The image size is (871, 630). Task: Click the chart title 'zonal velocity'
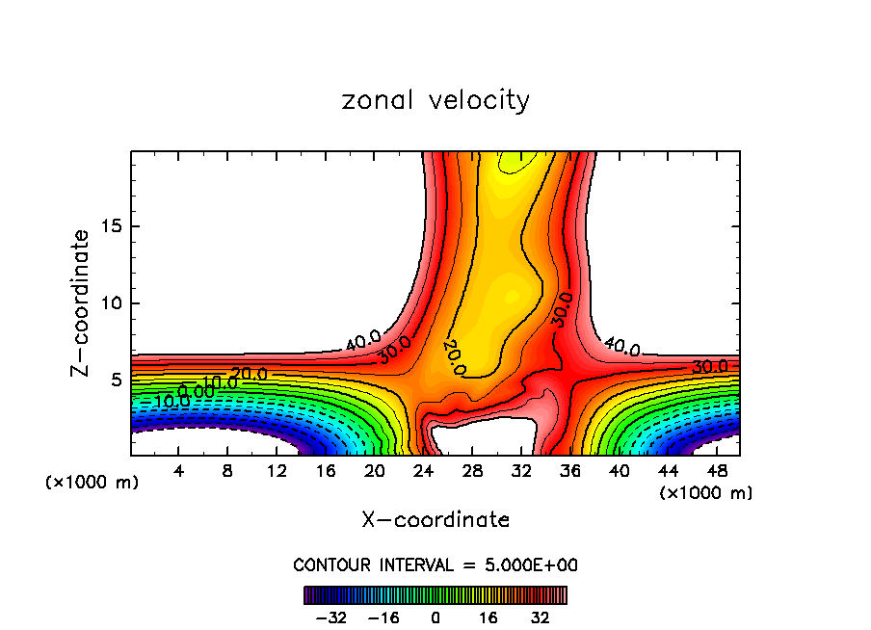click(435, 100)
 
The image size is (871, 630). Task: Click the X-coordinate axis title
click(435, 520)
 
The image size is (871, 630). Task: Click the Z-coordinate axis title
click(84, 303)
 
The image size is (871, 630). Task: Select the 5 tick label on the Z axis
click(116, 380)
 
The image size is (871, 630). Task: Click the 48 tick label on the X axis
click(717, 471)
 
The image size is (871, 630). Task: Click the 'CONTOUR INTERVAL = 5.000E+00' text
click(435, 564)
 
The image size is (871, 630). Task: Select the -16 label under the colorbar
click(383, 617)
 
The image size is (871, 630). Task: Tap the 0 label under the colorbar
click(435, 617)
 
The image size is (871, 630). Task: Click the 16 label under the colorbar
click(488, 617)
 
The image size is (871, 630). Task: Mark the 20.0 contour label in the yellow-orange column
click(455, 357)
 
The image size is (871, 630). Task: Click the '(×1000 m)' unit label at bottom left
click(92, 483)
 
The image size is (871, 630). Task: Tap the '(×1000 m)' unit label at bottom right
click(706, 493)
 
